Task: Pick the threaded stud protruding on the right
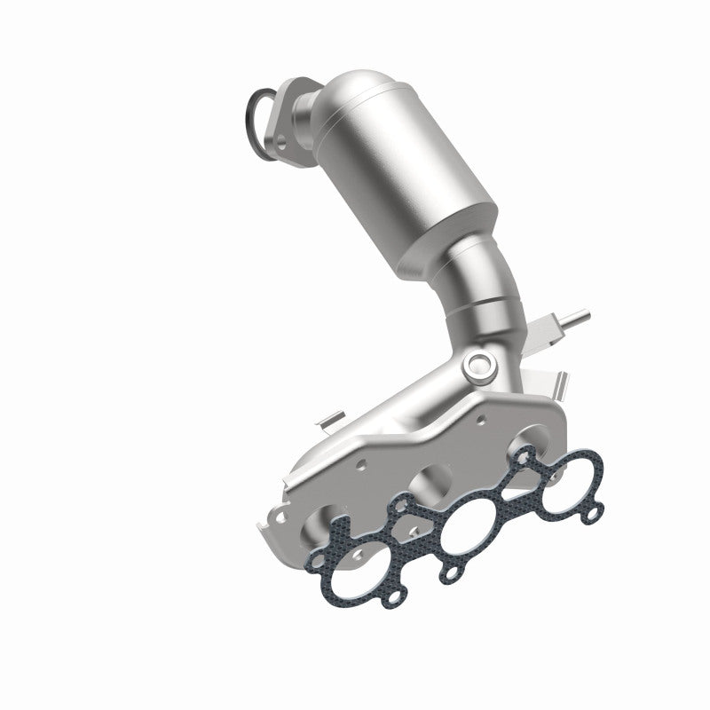point(572,317)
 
